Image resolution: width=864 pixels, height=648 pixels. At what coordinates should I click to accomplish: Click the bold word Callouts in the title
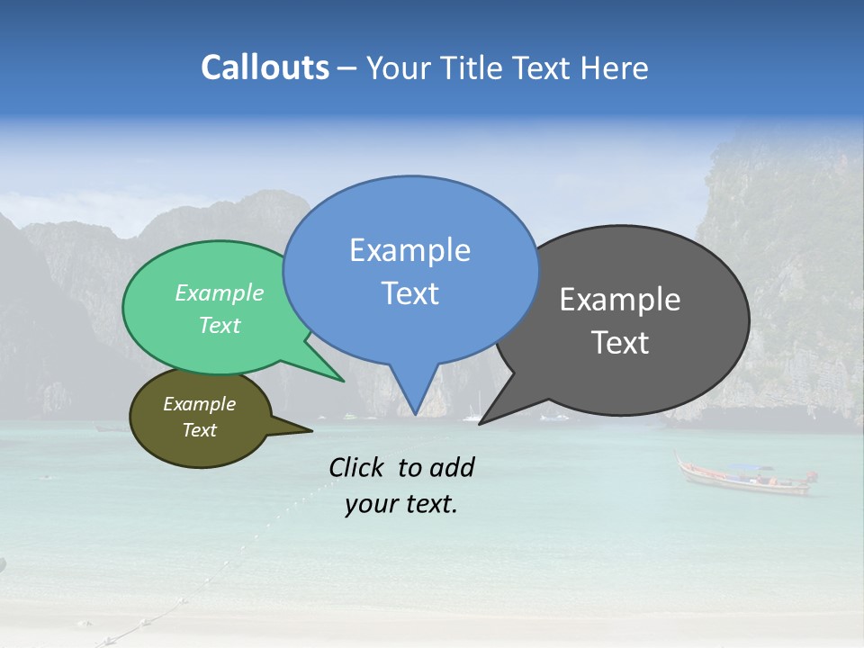pyautogui.click(x=265, y=67)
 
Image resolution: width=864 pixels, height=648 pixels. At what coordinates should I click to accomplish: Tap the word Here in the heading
pyautogui.click(x=615, y=67)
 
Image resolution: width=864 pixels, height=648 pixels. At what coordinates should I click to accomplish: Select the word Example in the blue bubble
pyautogui.click(x=409, y=250)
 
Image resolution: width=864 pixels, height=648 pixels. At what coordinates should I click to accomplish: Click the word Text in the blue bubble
pyautogui.click(x=409, y=293)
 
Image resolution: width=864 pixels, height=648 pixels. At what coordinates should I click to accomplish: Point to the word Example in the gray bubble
pyautogui.click(x=620, y=300)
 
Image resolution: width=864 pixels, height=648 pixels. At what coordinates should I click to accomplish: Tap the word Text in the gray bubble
pyautogui.click(x=621, y=343)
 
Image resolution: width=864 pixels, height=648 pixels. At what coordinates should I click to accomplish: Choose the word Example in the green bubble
pyautogui.click(x=220, y=292)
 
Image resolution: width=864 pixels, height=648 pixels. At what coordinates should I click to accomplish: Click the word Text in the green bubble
pyautogui.click(x=220, y=325)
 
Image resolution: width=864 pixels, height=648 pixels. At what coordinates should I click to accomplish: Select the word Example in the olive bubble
pyautogui.click(x=199, y=404)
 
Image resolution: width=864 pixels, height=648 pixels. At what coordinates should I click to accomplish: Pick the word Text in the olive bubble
pyautogui.click(x=199, y=430)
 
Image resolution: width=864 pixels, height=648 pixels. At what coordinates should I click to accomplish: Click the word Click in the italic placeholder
pyautogui.click(x=357, y=467)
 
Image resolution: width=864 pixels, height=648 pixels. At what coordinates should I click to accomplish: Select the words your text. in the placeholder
pyautogui.click(x=401, y=504)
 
